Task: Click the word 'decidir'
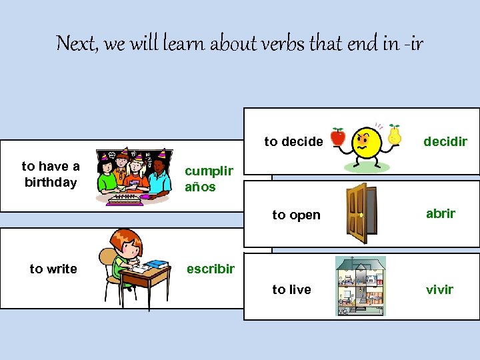point(445,141)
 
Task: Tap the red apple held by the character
point(338,137)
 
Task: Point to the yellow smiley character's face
point(366,141)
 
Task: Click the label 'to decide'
point(293,141)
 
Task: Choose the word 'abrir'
point(441,213)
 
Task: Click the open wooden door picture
point(357,213)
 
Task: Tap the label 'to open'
point(296,215)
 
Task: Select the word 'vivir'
point(439,289)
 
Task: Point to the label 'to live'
point(291,289)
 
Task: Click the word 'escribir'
point(210,269)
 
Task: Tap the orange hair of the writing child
point(125,239)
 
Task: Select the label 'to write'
point(53,269)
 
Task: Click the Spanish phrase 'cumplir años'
point(208,179)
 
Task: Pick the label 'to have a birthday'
point(50,174)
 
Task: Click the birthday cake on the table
point(124,197)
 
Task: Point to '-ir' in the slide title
point(412,44)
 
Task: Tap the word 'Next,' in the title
point(79,44)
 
